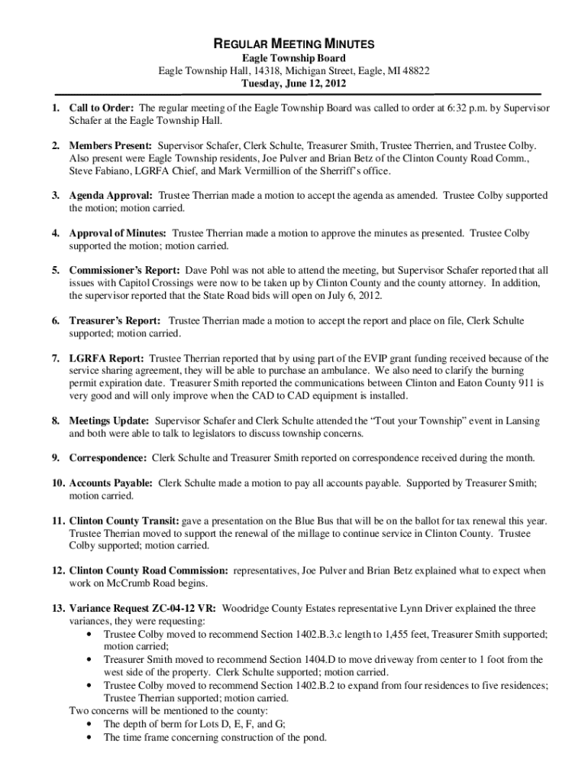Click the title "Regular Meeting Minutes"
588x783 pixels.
tap(294, 44)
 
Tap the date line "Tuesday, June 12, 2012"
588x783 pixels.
tap(294, 83)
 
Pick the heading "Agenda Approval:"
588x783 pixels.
tap(111, 196)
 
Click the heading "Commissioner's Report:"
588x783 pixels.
tap(125, 271)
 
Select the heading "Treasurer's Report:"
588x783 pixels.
tap(115, 320)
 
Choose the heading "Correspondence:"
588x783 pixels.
tap(108, 458)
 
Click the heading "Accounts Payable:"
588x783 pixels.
tap(111, 483)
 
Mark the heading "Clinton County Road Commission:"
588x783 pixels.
tap(148, 570)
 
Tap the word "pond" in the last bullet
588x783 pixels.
tap(313, 738)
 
